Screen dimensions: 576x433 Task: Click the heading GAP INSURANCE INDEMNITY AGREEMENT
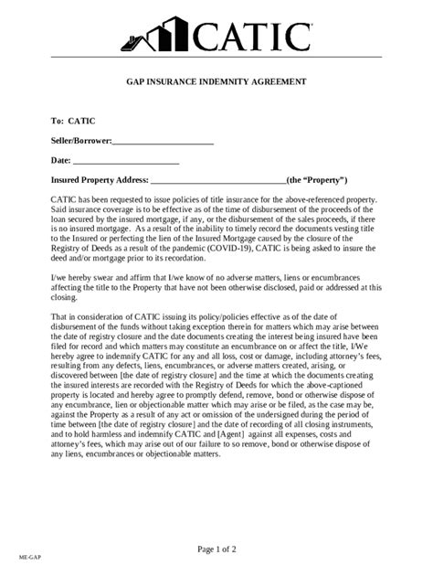click(x=216, y=81)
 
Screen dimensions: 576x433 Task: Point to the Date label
click(x=60, y=161)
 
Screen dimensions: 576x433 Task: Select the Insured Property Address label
click(x=99, y=181)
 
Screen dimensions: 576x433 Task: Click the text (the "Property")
click(x=317, y=181)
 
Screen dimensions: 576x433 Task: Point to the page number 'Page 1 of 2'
click(x=216, y=549)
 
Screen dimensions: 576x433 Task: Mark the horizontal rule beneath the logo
click(x=216, y=57)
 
